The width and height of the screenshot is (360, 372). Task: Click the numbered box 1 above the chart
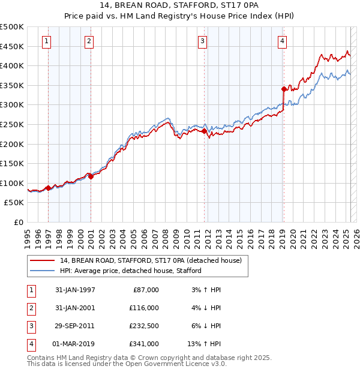[47, 41]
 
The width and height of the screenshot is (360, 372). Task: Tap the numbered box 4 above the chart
[282, 41]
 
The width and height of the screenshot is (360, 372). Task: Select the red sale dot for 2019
[284, 89]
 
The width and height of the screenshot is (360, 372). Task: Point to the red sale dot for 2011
[205, 131]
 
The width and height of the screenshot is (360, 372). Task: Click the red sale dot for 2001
[91, 176]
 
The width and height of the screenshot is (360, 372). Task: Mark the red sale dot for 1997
[48, 188]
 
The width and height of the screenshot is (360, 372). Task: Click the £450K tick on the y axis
[12, 46]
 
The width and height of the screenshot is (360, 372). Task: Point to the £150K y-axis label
[12, 163]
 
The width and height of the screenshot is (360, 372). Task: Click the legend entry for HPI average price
[130, 271]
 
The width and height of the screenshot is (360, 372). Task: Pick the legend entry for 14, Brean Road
[150, 260]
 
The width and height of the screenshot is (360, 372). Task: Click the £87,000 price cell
[145, 290]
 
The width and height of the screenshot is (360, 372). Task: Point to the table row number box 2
[31, 308]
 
